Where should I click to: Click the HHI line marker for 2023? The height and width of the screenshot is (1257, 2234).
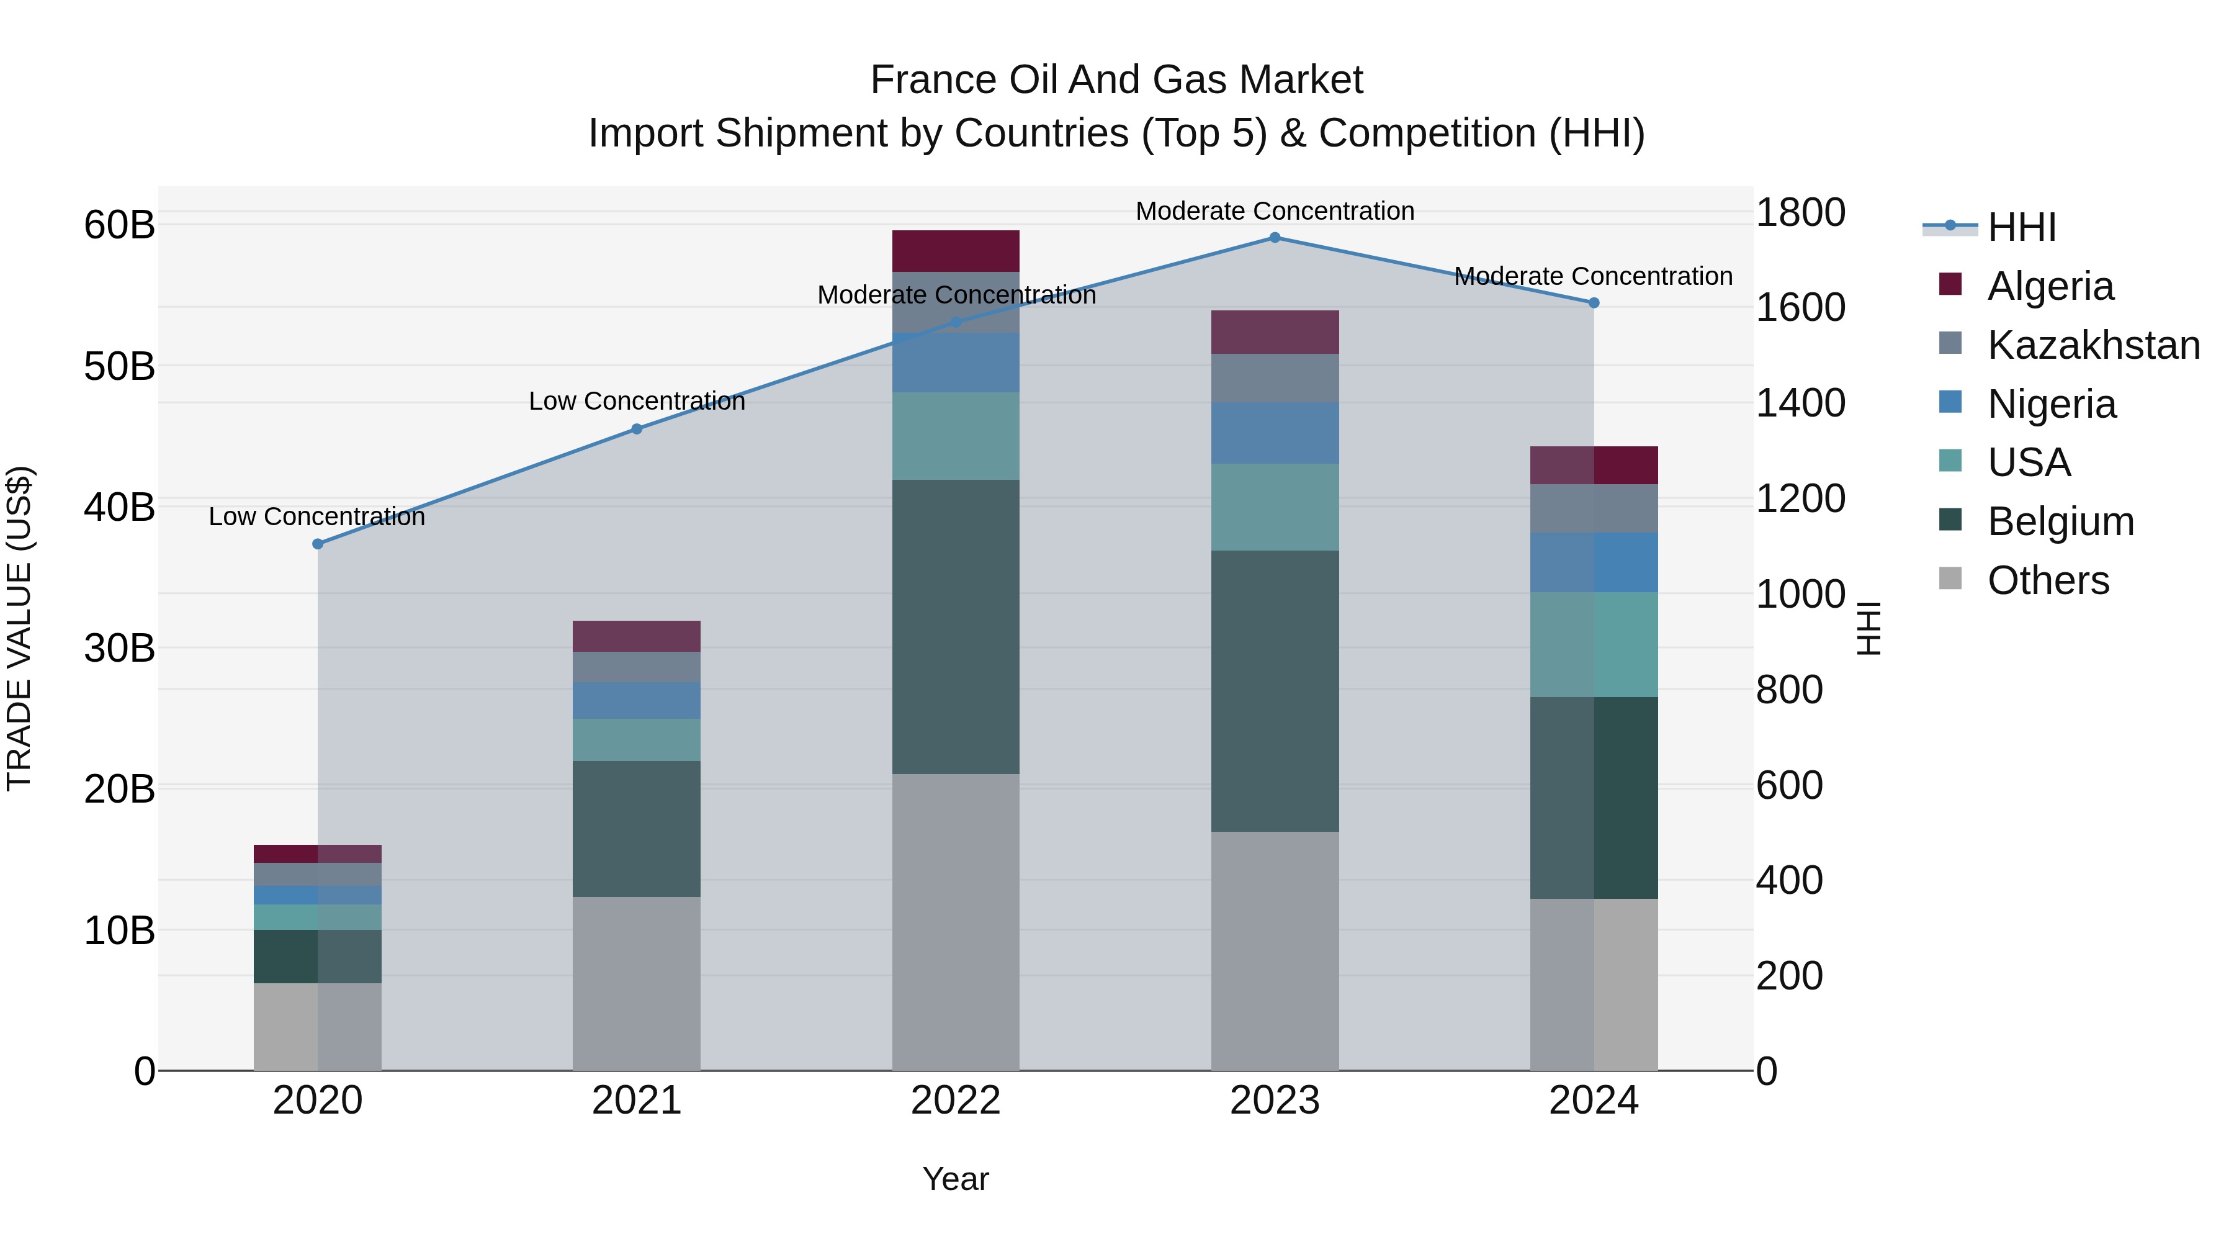pos(1275,238)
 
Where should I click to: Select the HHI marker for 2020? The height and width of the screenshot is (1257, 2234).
pos(317,544)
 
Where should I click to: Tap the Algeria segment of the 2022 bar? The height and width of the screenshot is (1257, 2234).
pos(956,251)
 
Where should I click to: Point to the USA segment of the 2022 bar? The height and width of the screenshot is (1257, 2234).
pos(956,436)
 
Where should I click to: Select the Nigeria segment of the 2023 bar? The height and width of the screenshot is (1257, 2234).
pos(1275,433)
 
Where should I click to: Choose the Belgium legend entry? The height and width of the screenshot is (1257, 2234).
pos(2060,521)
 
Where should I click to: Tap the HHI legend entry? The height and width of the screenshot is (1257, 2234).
pos(2021,227)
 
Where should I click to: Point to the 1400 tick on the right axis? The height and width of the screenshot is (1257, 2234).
pos(1800,403)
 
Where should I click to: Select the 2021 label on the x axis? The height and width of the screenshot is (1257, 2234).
pos(637,1101)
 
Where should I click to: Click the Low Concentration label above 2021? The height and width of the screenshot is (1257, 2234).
pos(637,402)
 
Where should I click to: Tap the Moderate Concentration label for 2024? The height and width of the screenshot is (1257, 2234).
pos(1593,277)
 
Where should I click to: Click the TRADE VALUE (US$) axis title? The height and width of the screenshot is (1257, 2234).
pos(20,628)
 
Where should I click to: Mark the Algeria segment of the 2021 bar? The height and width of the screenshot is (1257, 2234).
pos(637,636)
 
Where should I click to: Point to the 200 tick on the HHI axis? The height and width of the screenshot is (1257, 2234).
pos(1789,976)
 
